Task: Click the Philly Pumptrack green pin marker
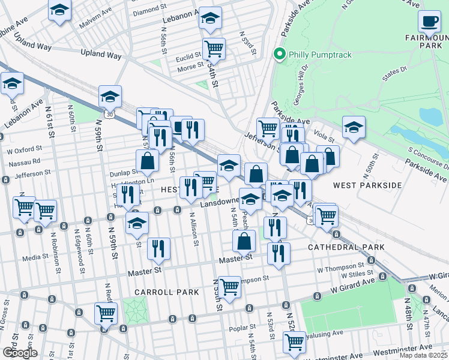(279, 55)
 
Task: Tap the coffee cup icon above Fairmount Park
(429, 22)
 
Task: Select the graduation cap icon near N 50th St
(354, 127)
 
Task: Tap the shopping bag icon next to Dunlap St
(147, 161)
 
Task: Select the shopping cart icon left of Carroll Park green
(106, 313)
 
